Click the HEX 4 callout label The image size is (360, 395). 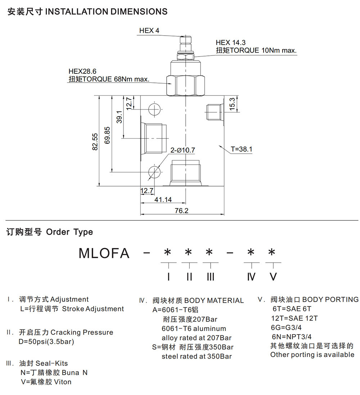pos(149,31)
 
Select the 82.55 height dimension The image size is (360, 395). pos(95,142)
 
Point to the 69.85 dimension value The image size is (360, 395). pos(107,135)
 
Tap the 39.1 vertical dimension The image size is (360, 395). pos(119,117)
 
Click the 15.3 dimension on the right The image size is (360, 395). pos(232,104)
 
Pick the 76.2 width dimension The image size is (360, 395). pos(181,210)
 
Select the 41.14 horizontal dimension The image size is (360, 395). pos(163,199)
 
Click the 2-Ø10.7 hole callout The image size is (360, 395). pos(183,150)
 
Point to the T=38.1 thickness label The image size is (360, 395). pos(242,149)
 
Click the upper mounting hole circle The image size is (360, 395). pos(154,109)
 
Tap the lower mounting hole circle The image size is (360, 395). pos(154,172)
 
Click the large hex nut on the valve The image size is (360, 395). pos(185,85)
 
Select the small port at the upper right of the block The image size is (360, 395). pos(215,112)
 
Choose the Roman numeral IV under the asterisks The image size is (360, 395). pos(251,277)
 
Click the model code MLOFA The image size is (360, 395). pos(104,253)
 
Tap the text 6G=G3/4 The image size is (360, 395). pos(287,328)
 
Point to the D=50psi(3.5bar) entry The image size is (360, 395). pos(46,342)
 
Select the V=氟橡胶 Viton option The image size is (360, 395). pos(46,382)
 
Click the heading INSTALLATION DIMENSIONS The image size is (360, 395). pos(106,12)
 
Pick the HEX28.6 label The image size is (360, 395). pos(82,71)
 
